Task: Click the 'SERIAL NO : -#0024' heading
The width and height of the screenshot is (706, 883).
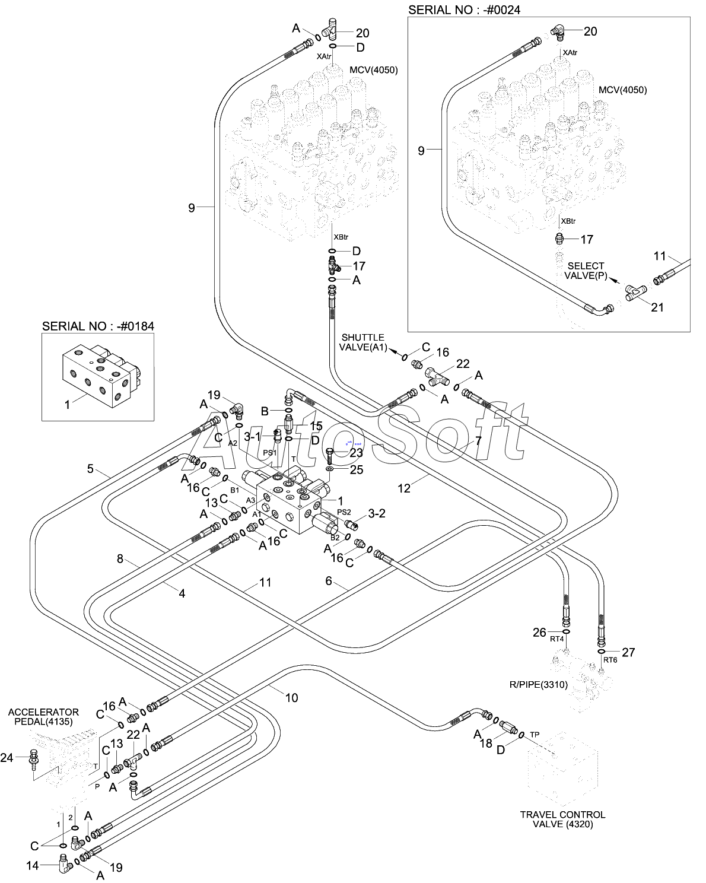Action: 464,10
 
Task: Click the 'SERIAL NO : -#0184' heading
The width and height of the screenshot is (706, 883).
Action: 98,326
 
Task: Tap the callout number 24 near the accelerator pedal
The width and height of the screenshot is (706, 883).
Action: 7,758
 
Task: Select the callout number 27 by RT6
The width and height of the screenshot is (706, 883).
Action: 628,652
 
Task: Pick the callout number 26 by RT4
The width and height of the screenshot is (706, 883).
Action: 539,633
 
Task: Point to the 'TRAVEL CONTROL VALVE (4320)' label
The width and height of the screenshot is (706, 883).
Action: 562,819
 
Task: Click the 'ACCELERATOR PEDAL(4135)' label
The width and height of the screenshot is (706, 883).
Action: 43,717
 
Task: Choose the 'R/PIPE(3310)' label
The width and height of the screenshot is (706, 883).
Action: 538,684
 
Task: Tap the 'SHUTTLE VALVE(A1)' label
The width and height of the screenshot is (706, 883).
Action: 362,342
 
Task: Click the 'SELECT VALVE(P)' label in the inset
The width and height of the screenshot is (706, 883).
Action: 585,271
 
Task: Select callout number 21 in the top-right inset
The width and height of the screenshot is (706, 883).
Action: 657,307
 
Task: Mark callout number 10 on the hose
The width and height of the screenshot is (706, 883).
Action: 291,698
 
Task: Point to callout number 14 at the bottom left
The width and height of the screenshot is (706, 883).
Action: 32,866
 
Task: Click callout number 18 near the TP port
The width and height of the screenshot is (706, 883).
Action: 486,743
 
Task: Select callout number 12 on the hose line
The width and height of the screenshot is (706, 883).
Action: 404,488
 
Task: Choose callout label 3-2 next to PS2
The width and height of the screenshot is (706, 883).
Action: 377,513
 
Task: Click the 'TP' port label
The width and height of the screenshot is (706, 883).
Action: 535,734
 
